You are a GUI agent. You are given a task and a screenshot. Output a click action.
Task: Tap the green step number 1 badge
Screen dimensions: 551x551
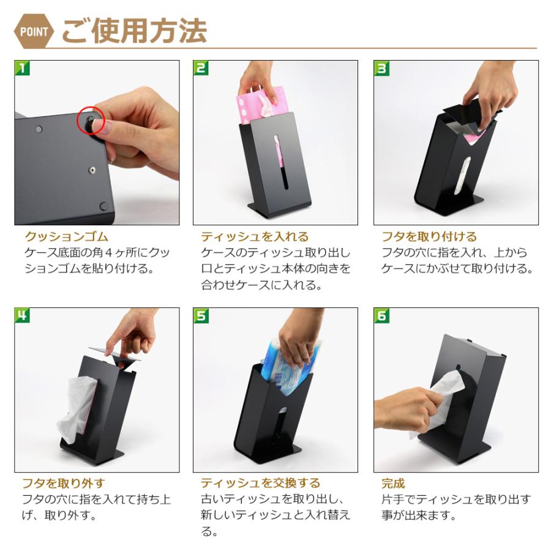[22, 68]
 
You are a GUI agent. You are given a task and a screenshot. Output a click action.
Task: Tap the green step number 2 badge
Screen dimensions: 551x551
[201, 68]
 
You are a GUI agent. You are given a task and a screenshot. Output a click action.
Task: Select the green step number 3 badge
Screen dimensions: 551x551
[381, 68]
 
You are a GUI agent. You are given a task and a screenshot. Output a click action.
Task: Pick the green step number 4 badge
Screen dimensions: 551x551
[22, 315]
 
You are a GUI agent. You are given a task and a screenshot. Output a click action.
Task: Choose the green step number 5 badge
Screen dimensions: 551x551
[201, 315]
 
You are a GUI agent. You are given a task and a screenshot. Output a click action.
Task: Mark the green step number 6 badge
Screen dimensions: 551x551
[381, 315]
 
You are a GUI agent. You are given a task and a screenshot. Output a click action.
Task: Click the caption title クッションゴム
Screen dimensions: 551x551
[66, 236]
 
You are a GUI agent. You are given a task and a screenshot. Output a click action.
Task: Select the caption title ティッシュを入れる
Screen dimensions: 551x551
[255, 236]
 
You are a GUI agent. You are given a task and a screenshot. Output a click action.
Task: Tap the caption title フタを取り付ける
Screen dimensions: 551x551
[429, 236]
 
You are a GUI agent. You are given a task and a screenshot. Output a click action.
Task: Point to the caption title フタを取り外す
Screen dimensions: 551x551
[63, 484]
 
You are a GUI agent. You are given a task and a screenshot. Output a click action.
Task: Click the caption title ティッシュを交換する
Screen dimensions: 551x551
[260, 484]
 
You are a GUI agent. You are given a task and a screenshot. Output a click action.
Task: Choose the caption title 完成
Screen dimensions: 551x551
[393, 484]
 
